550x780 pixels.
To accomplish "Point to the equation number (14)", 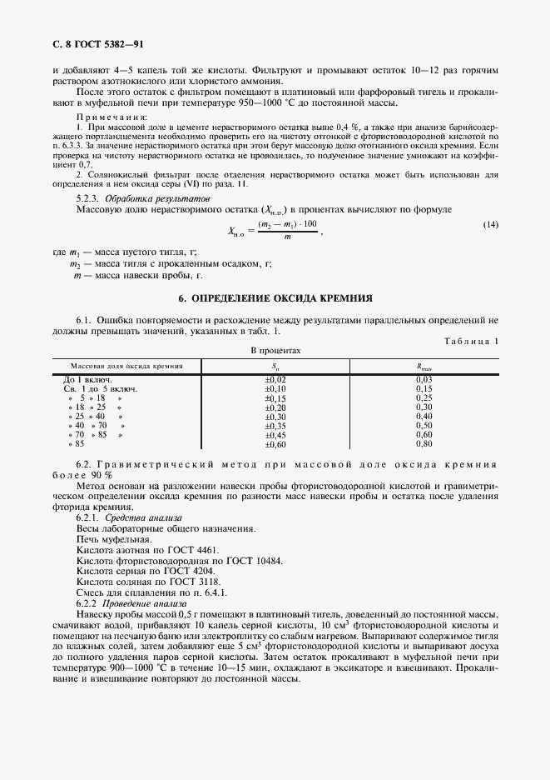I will click(x=491, y=226).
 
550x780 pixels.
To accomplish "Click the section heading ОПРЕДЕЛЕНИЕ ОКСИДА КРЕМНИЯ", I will click(x=275, y=297).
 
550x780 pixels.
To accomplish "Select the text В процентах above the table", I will click(x=275, y=352).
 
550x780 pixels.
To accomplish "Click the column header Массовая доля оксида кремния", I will click(x=126, y=366).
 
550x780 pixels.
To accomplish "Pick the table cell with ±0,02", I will click(x=275, y=379).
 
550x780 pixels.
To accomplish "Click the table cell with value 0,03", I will click(x=424, y=379).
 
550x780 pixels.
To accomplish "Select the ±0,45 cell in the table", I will click(x=275, y=434).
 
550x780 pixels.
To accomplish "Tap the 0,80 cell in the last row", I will click(x=424, y=443).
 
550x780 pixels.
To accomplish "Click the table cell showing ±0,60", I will click(x=275, y=443).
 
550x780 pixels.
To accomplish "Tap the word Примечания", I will click(x=112, y=117).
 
